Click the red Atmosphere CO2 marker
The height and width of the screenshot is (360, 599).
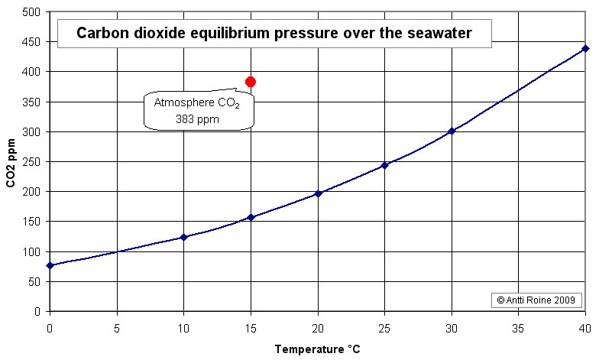pos(251,82)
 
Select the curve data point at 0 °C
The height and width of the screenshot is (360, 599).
pos(50,265)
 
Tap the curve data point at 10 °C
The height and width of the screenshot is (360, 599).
pos(183,237)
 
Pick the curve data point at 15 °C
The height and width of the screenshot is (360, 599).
pos(251,217)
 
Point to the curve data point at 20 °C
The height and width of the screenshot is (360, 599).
pos(318,193)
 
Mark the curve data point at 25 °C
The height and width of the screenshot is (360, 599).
pos(384,165)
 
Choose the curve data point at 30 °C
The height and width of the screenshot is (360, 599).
pos(452,131)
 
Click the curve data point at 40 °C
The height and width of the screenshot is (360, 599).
pos(585,48)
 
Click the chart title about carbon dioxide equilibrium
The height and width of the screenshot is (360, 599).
pos(274,33)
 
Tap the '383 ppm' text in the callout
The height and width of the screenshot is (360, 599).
pos(197,118)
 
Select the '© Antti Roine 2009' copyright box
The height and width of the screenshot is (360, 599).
pos(539,300)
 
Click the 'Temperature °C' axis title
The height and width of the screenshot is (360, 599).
pos(317,349)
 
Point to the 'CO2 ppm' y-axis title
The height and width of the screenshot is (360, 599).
pos(11,161)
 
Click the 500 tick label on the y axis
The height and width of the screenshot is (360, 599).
pos(32,12)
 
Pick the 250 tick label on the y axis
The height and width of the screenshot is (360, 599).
pos(32,162)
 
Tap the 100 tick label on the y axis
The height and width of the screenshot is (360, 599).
pos(32,251)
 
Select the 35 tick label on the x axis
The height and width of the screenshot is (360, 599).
pos(518,326)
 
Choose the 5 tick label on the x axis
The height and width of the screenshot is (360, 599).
pos(117,326)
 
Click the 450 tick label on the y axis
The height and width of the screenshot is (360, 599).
pos(32,42)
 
